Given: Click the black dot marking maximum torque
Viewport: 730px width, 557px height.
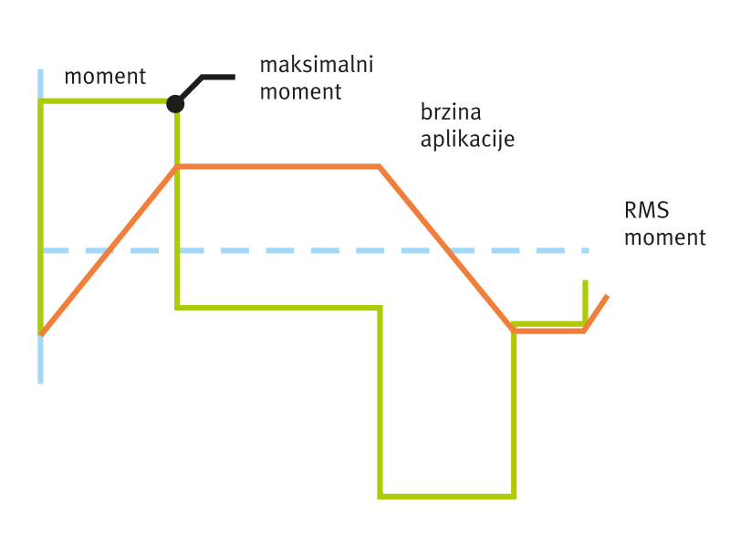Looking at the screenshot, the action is point(175,104).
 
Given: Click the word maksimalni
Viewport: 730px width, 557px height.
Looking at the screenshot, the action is point(317,65).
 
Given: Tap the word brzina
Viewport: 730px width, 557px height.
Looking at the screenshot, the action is point(451,112).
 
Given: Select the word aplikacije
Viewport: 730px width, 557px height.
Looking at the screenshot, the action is point(467,139).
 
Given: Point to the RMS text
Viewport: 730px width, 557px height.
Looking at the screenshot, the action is point(646,211).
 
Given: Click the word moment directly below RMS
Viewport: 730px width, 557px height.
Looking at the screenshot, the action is point(665,237).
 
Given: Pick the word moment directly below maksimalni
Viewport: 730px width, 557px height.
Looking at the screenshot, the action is point(300,91).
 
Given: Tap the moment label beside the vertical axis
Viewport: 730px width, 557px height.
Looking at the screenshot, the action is point(105,77).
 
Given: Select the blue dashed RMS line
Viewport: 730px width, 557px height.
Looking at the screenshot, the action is point(316,250).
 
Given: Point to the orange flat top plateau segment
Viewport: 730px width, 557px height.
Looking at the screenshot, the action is point(278,166).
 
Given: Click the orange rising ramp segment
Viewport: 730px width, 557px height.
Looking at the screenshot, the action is point(109,250).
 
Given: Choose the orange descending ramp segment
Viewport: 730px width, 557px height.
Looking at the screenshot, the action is point(446,248).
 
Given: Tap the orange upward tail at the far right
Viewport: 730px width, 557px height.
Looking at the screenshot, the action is point(596,313).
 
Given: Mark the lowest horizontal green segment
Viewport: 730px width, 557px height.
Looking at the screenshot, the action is point(447,497).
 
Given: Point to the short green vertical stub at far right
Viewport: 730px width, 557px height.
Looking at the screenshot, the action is point(585,300).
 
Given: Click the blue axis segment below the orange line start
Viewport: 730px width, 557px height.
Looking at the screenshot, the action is point(40,359).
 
